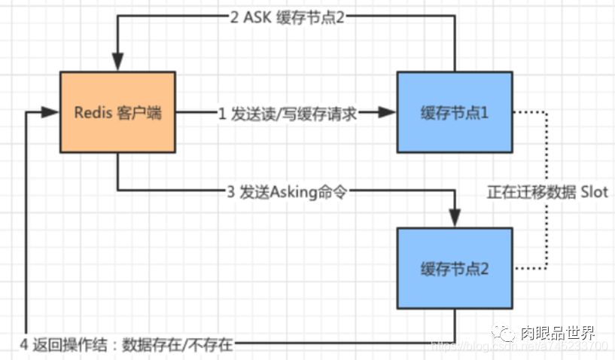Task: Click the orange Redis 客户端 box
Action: tap(117, 113)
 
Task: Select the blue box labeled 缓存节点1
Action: tap(455, 113)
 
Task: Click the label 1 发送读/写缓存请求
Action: tap(287, 114)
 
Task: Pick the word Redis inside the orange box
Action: tap(92, 114)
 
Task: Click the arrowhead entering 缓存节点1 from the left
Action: tap(388, 113)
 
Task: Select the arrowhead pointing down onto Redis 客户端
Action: tap(117, 63)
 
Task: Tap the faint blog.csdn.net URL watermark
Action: tap(519, 346)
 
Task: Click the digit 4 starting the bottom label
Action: tap(24, 346)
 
